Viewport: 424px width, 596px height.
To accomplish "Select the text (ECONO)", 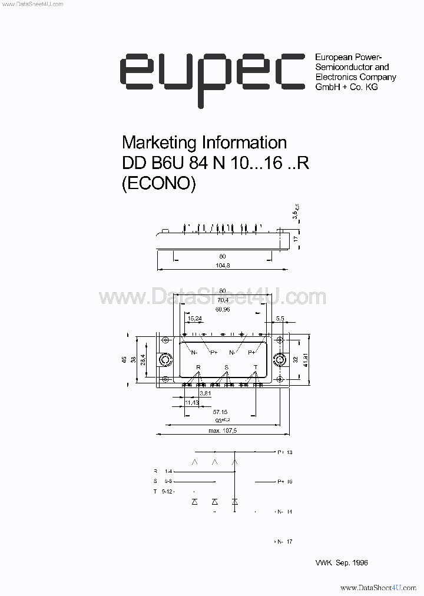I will click(157, 183).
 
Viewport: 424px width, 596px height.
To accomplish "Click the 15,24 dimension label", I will click(194, 319).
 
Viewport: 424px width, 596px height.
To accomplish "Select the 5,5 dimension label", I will click(279, 319).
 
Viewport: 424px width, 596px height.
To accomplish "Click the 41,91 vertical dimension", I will click(306, 359).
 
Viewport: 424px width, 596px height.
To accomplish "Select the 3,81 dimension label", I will click(205, 393).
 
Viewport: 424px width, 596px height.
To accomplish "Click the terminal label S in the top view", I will click(226, 367).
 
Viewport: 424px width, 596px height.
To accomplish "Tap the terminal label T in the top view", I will click(255, 367).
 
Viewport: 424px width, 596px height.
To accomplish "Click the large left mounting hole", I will click(165, 359).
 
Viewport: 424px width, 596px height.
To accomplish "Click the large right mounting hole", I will click(279, 359).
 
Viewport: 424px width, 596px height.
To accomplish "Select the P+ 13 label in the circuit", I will click(283, 452).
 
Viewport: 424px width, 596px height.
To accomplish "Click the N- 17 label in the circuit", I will click(283, 541).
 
